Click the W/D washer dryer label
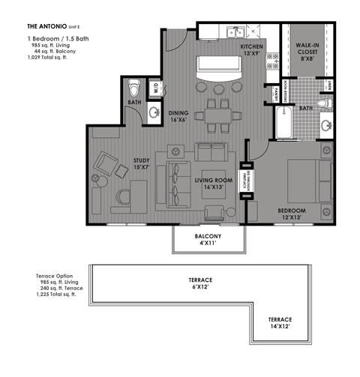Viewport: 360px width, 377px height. tap(154, 87)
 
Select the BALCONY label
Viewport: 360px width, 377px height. tap(209, 240)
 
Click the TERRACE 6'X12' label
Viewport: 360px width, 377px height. tap(200, 283)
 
